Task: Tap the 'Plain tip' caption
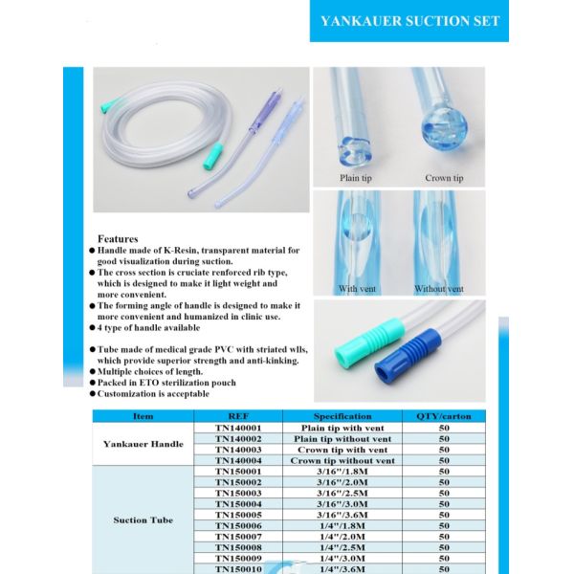coord(355,178)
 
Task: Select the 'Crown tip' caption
coord(444,178)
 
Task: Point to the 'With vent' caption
coord(356,288)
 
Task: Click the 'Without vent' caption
coord(439,288)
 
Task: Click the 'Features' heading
coord(118,238)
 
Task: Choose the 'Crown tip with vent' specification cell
coord(343,450)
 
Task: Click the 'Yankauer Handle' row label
coord(143,444)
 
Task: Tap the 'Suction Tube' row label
coord(143,520)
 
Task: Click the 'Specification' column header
coord(343,416)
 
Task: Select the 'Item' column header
coord(143,416)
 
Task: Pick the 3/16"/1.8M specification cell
coord(343,472)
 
